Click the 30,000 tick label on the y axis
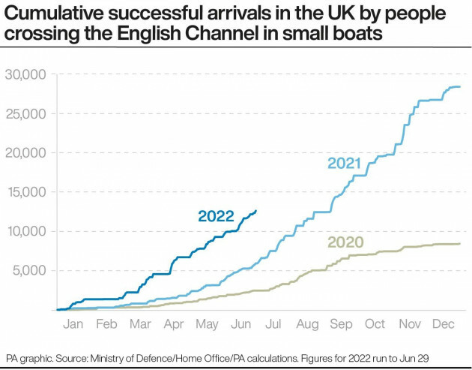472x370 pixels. (x=25, y=74)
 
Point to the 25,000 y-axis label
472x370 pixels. (x=25, y=113)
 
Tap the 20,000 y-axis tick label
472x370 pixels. (x=25, y=152)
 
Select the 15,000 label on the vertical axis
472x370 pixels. (x=25, y=191)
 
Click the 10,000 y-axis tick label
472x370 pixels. (x=25, y=230)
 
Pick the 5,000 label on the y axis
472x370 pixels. (x=29, y=269)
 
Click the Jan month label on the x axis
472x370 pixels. (x=73, y=324)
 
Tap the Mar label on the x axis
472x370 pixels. (x=140, y=324)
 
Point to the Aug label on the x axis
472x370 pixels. (x=307, y=324)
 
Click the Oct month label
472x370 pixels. (x=375, y=324)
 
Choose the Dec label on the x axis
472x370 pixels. (x=442, y=324)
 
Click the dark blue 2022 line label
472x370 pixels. (x=216, y=216)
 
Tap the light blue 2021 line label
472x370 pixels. (x=344, y=163)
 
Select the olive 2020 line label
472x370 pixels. (x=345, y=242)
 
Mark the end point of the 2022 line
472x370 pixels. (x=257, y=211)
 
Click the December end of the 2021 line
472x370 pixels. (x=460, y=87)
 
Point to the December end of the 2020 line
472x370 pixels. (x=460, y=243)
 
